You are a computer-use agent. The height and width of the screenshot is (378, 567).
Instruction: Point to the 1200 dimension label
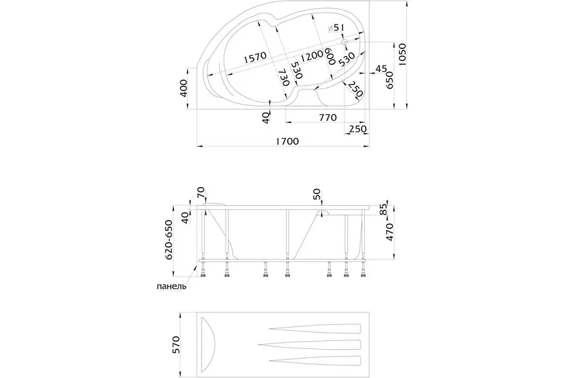[312, 56]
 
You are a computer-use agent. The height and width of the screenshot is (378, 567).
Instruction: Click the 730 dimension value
[284, 76]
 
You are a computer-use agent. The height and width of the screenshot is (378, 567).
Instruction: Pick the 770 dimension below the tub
[327, 118]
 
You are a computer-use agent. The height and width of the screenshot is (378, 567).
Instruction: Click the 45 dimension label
[381, 68]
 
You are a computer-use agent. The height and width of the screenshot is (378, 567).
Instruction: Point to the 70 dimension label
[201, 192]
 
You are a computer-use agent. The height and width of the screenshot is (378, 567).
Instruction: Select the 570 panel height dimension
[177, 345]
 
